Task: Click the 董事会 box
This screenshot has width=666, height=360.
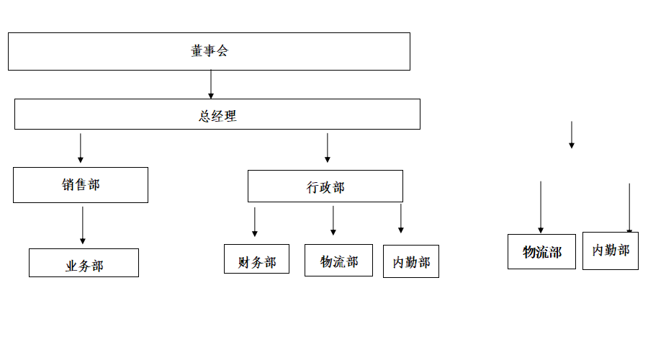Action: tap(209, 51)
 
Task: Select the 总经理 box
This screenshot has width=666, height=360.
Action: tap(217, 114)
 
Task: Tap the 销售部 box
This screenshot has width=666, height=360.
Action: tap(81, 185)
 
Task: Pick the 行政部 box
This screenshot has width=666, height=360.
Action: tap(325, 186)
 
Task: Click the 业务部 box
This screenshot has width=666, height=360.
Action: tap(84, 263)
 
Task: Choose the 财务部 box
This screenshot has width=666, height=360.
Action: tap(256, 259)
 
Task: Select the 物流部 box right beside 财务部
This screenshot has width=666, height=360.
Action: tap(338, 260)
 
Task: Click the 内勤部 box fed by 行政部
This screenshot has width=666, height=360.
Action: tap(410, 261)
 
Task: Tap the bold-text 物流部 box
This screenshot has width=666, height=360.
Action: tap(541, 252)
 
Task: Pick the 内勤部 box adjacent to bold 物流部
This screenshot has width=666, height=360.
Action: tap(610, 251)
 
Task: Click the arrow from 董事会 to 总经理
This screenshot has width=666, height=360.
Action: tap(211, 84)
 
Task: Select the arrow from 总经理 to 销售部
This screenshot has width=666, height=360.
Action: tap(80, 148)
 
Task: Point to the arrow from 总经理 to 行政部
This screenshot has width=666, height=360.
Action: tap(327, 148)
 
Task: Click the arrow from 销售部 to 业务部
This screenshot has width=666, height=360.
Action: tap(83, 225)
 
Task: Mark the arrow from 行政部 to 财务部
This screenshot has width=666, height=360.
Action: tap(254, 222)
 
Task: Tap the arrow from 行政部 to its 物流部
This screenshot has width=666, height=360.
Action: tap(333, 220)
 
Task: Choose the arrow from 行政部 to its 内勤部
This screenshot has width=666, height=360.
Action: tap(401, 218)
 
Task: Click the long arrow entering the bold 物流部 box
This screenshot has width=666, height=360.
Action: tap(541, 207)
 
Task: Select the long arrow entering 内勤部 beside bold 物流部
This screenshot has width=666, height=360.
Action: tap(629, 209)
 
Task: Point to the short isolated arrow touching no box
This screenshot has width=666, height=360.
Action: tap(572, 135)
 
